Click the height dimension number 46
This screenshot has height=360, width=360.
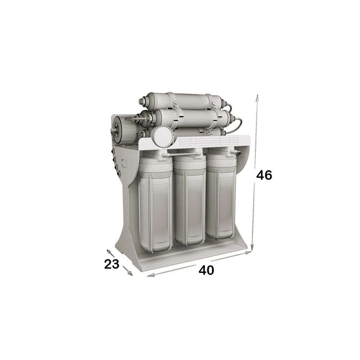(x=264, y=175)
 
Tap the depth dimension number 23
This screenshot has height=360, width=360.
(x=112, y=264)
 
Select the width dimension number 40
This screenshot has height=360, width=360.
(x=206, y=270)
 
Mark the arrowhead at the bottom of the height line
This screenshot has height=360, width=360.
(x=252, y=247)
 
